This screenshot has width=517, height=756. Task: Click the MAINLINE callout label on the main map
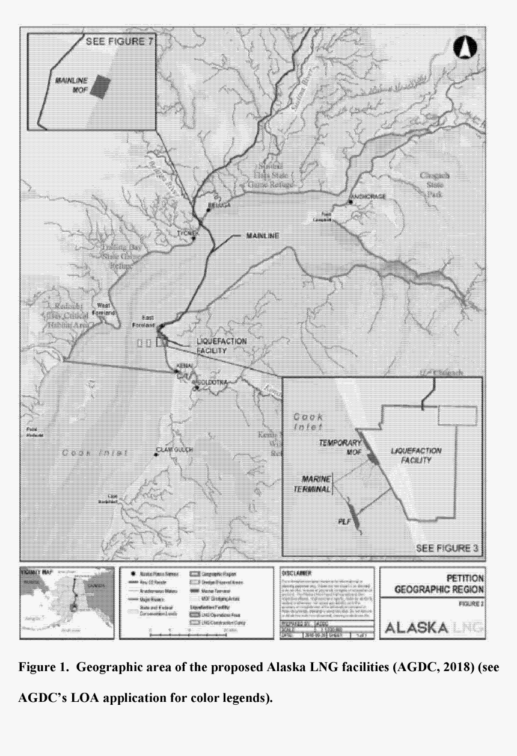pos(263,235)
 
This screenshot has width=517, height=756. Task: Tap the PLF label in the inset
pos(343,522)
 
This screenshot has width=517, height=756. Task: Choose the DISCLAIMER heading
pos(298,574)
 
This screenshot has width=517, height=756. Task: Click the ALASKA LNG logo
pos(434,627)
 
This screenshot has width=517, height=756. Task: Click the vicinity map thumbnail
pos(66,602)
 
